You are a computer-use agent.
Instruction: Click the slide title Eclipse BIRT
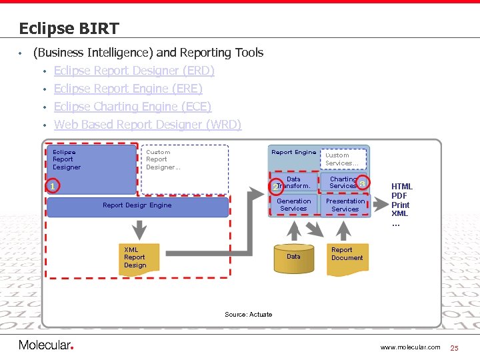coord(69,29)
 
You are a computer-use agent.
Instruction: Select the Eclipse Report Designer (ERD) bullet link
coord(134,71)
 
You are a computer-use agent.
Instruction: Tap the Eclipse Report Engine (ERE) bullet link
coord(128,89)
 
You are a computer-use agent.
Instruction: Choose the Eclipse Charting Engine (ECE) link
coord(133,107)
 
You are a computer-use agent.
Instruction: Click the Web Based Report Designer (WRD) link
coord(147,125)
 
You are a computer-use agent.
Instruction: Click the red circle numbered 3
coord(362,183)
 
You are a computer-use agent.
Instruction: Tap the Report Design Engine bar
coord(137,206)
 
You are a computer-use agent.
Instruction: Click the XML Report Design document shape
coord(139,258)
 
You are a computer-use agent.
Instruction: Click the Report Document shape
coord(347,257)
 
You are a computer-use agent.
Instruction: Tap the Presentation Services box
coord(345,205)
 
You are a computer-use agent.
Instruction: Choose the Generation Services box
coord(293,205)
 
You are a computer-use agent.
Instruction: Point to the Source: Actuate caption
coord(248,315)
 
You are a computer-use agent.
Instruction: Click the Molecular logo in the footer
coord(45,345)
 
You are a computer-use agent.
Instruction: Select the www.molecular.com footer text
coord(410,347)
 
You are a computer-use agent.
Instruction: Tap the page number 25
coord(455,347)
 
